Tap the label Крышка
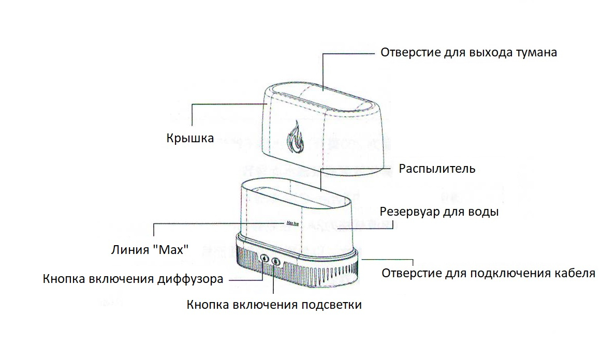tap(190, 139)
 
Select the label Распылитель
tap(437, 169)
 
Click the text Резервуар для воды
tap(439, 212)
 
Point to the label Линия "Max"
tap(150, 249)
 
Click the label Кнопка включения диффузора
tap(133, 279)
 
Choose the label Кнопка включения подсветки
tap(274, 305)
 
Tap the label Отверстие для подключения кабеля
tap(488, 273)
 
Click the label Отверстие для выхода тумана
tap(468, 53)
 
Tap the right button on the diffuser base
tap(276, 261)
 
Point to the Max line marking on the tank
tap(293, 223)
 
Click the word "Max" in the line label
tap(171, 249)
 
